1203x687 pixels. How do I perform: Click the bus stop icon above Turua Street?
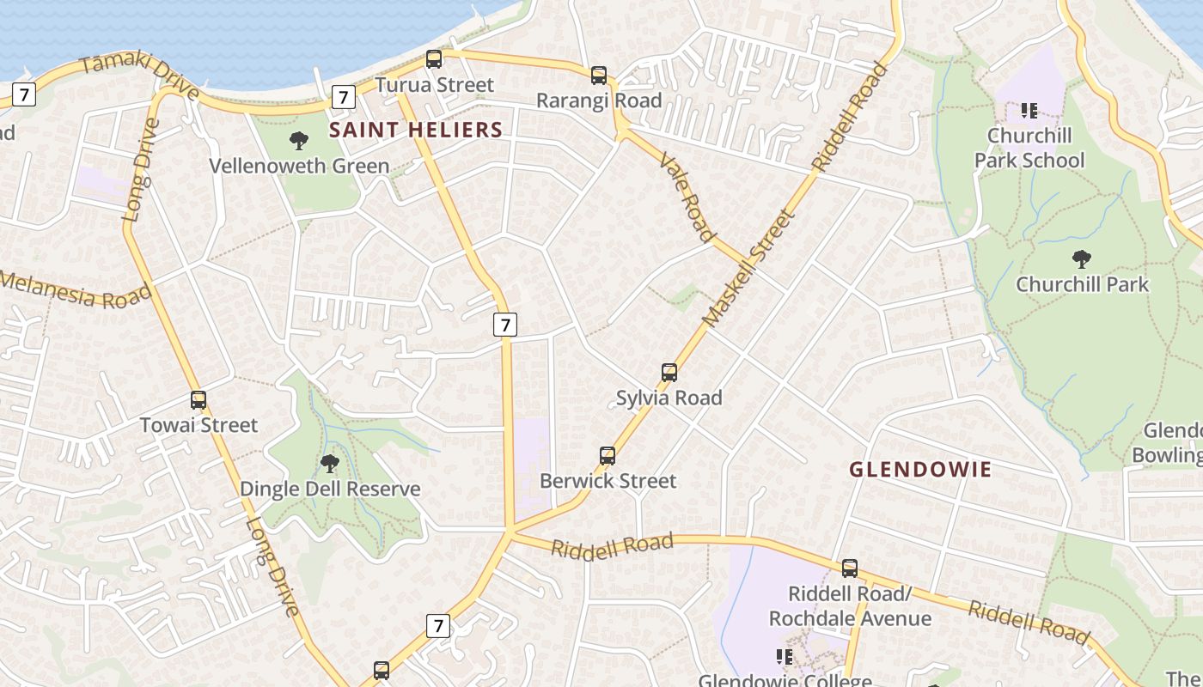[434, 59]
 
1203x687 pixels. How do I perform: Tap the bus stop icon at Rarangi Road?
[599, 76]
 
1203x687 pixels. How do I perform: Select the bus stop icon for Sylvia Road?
[669, 373]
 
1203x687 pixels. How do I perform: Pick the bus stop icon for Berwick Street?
[608, 456]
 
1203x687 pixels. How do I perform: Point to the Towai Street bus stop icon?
[198, 400]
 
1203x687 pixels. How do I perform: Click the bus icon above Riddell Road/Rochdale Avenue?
[850, 568]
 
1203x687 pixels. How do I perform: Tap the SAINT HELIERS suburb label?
[417, 130]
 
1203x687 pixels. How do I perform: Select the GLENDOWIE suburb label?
[920, 470]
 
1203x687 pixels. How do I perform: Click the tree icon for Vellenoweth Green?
[299, 141]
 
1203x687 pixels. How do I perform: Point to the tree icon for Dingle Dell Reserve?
[329, 465]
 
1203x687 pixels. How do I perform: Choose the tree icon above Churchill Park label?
[1082, 259]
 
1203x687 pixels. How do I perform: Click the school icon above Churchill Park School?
[1029, 111]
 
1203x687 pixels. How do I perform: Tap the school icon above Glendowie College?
[785, 657]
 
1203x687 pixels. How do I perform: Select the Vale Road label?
[687, 198]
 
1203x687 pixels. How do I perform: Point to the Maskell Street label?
[746, 268]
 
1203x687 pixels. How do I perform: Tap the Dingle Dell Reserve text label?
[330, 489]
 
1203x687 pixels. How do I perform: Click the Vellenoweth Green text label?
[299, 166]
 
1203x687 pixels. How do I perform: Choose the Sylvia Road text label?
[669, 398]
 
